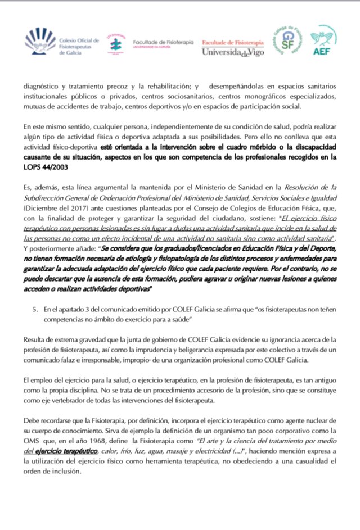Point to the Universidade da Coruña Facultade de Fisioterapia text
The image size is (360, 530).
tap(163, 44)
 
